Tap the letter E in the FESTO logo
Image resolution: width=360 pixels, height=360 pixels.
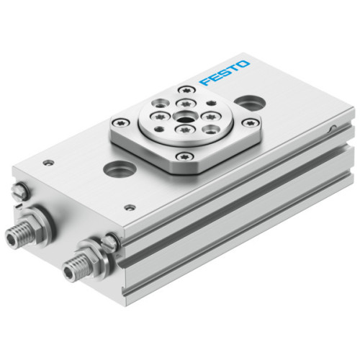point(214,76)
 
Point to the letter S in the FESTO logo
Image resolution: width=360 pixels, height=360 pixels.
point(224,72)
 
